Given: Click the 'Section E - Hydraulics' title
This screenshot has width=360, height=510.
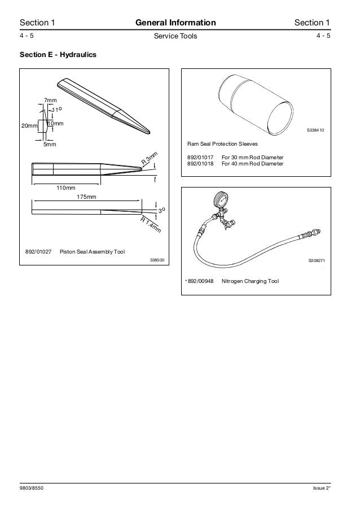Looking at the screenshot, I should click(x=58, y=55).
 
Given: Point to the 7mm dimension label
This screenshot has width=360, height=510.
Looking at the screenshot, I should click(x=50, y=101).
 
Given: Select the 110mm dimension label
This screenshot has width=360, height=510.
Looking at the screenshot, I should click(x=65, y=188).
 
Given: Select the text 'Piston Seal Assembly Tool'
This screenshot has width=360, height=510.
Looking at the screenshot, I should click(x=92, y=251).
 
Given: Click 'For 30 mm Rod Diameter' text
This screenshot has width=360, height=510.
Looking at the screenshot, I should click(x=252, y=157).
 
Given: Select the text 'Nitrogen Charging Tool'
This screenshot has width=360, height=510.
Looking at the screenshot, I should click(x=250, y=281).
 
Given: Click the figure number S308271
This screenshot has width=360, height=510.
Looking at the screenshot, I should click(x=317, y=261).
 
